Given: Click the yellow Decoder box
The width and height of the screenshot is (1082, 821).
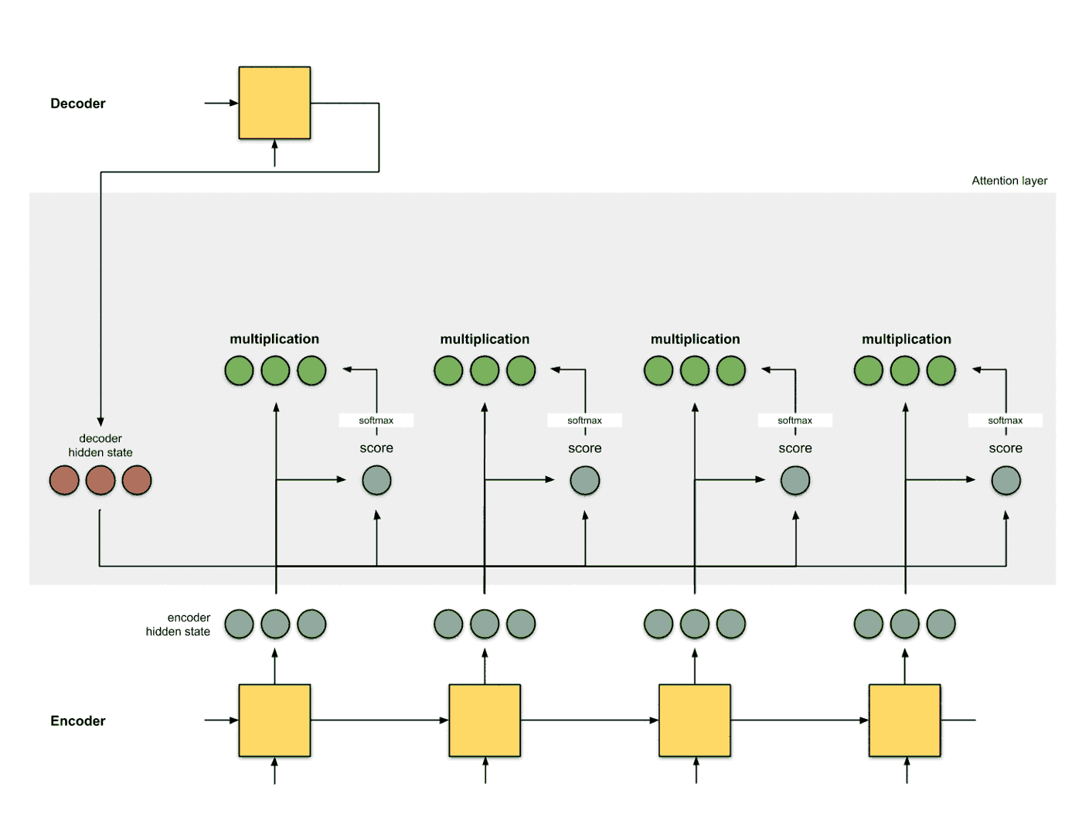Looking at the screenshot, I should pos(274,103).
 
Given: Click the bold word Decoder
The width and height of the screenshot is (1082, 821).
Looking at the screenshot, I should pos(77,104).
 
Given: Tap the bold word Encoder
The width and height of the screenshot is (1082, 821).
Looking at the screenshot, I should pos(77,721).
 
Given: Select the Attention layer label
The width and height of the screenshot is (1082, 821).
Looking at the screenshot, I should pos(1009,181).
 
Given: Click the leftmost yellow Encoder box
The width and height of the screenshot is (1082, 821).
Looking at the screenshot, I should pos(274,720).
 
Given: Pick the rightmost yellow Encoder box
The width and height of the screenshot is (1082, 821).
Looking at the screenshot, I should pos(904,720).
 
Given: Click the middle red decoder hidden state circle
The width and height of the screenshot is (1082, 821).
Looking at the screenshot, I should pos(100,480).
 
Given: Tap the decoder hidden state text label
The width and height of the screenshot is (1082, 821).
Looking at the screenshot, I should pos(100,445).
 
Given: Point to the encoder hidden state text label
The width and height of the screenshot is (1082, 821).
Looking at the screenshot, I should pos(179,625).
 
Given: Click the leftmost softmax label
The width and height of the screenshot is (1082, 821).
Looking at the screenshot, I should pos(376,421).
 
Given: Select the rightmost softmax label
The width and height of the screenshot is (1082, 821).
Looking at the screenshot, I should pos(1005,421).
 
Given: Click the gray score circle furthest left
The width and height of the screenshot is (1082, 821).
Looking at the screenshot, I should pos(376,480).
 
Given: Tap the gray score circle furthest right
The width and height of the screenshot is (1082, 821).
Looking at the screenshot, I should pos(1005,480).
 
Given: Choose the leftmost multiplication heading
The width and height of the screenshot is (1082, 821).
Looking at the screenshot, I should pos(274,339).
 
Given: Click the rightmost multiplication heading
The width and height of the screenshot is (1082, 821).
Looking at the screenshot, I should pos(906,339).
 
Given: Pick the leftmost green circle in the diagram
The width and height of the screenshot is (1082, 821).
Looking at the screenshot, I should pos(239,370).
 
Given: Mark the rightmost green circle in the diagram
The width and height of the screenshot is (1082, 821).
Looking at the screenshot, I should pos(941,370).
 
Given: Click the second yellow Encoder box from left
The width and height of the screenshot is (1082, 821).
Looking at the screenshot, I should pos(485,720).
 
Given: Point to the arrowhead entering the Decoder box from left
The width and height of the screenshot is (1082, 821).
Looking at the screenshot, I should pos(233,103).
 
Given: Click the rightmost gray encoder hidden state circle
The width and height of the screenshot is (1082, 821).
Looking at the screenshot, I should pos(941,624).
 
